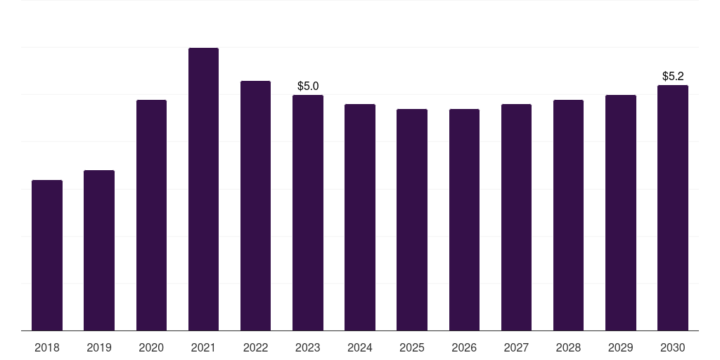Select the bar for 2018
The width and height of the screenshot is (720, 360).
(x=47, y=255)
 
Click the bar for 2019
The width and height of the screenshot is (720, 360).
(x=99, y=250)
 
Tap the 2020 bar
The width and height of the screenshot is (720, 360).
(x=152, y=215)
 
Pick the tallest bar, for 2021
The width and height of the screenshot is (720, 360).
(x=203, y=189)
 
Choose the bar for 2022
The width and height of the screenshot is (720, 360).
(x=255, y=206)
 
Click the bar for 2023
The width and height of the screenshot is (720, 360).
(x=308, y=212)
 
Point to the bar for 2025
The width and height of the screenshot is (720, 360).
(x=412, y=220)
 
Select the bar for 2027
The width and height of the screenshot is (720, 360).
(x=516, y=217)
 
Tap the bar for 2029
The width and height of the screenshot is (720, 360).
(x=620, y=212)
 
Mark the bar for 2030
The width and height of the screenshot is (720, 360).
(x=673, y=208)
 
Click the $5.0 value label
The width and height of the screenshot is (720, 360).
(x=308, y=86)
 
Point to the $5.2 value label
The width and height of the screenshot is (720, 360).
(x=673, y=76)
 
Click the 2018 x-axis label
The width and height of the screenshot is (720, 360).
(x=47, y=347)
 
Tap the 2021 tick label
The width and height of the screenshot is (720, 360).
(x=203, y=347)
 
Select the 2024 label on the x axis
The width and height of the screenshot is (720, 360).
(x=359, y=347)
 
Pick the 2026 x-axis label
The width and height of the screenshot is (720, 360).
(x=464, y=347)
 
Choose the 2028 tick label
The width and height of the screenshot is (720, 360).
(x=568, y=347)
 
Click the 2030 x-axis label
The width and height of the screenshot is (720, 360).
(x=673, y=347)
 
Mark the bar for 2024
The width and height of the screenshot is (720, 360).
(x=360, y=217)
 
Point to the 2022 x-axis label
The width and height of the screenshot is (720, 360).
(x=255, y=347)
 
